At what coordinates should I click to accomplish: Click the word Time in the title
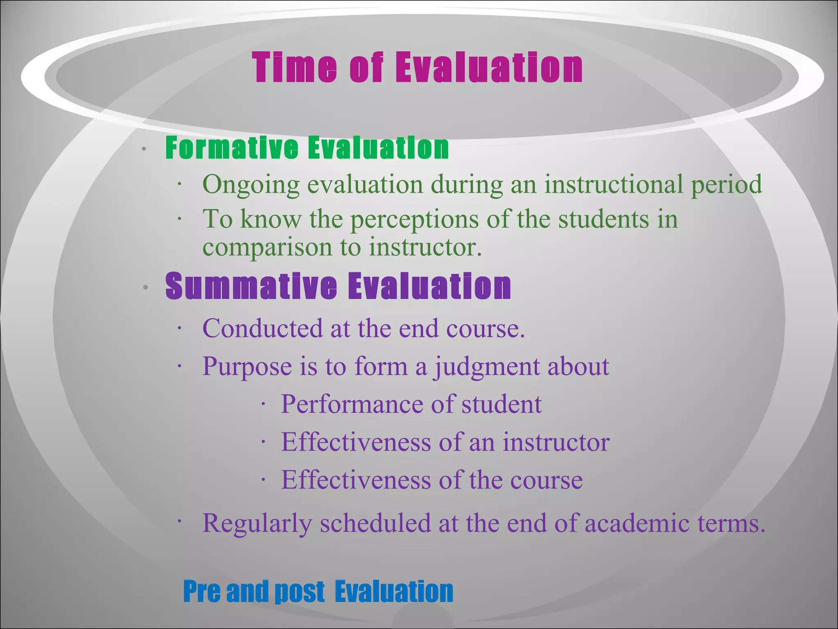(x=295, y=68)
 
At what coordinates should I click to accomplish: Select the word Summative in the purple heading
(x=251, y=286)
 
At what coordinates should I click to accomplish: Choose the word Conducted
(x=262, y=328)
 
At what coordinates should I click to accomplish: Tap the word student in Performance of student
(x=501, y=404)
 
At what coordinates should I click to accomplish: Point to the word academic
(x=637, y=523)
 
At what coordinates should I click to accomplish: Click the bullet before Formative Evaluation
(x=144, y=149)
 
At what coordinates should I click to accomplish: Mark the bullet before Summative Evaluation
(x=145, y=288)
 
